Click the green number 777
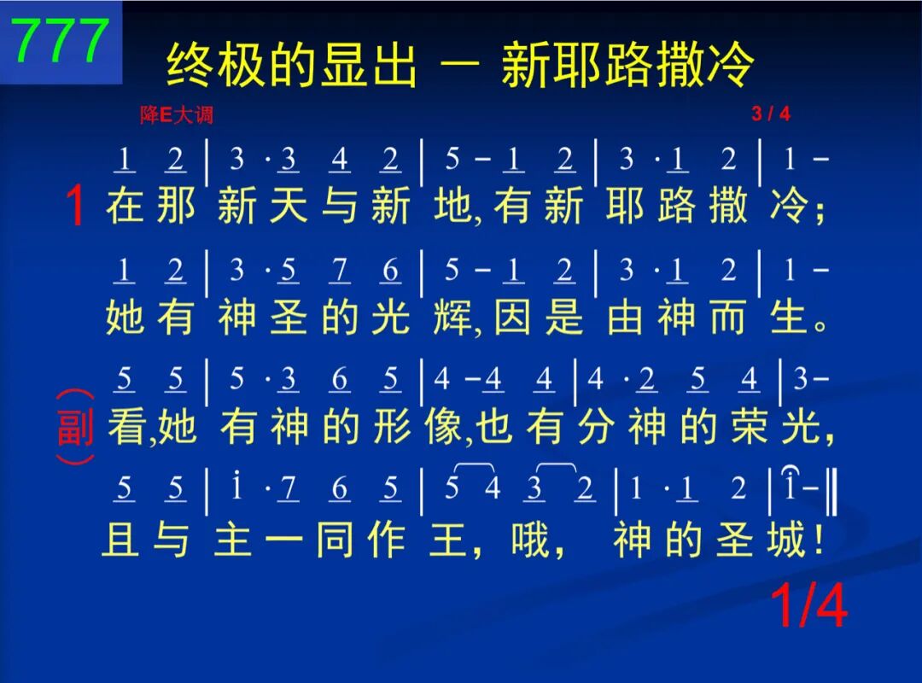(61, 40)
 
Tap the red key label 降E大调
(177, 114)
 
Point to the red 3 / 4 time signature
(770, 113)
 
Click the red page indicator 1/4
(809, 606)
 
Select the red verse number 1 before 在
(76, 205)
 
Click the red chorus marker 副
(75, 427)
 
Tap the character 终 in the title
(189, 65)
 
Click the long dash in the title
(459, 65)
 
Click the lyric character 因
(512, 317)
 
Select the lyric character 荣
(750, 427)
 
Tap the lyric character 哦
(530, 539)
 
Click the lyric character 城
(786, 539)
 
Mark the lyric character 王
(448, 539)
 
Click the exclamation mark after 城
(818, 539)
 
